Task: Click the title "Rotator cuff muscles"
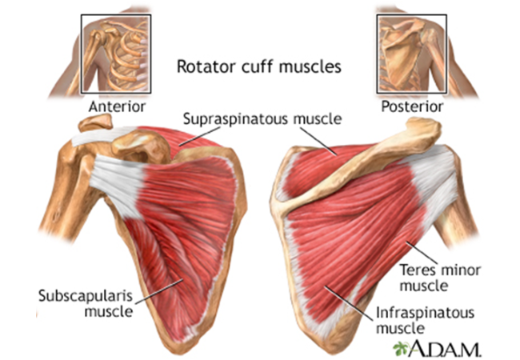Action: click(x=259, y=66)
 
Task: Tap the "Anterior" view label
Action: click(x=117, y=106)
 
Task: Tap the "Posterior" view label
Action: click(x=412, y=106)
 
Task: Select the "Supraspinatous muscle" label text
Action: click(x=262, y=118)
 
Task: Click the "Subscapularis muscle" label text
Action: click(x=86, y=303)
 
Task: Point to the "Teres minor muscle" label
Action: click(x=440, y=278)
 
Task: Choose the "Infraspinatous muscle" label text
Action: click(x=425, y=320)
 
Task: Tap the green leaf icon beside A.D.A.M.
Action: click(x=401, y=348)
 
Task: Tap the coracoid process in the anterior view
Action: click(x=141, y=146)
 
